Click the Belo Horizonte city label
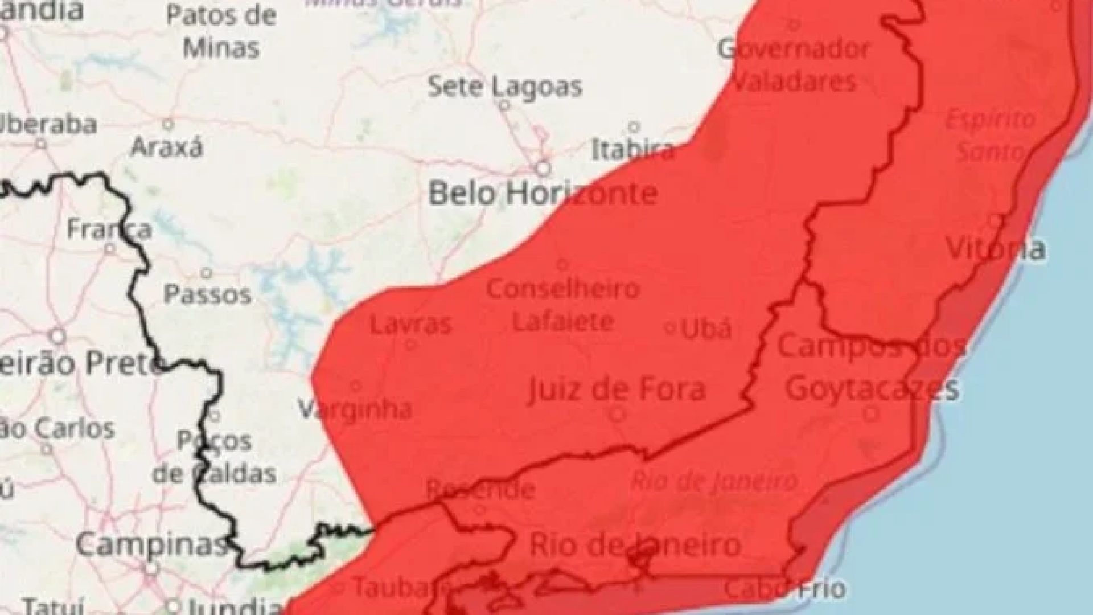543,194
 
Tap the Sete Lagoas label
504,87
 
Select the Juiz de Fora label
616,390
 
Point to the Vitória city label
995,249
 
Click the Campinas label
151,545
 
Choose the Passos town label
207,294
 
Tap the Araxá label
166,148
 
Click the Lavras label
410,325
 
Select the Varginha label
355,409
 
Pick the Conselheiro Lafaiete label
563,305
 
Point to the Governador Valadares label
794,65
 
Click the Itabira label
632,150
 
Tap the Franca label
109,229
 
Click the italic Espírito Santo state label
991,136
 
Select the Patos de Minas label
221,32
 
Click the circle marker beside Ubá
671,328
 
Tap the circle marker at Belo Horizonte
544,169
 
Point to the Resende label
480,489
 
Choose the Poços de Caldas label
215,457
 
